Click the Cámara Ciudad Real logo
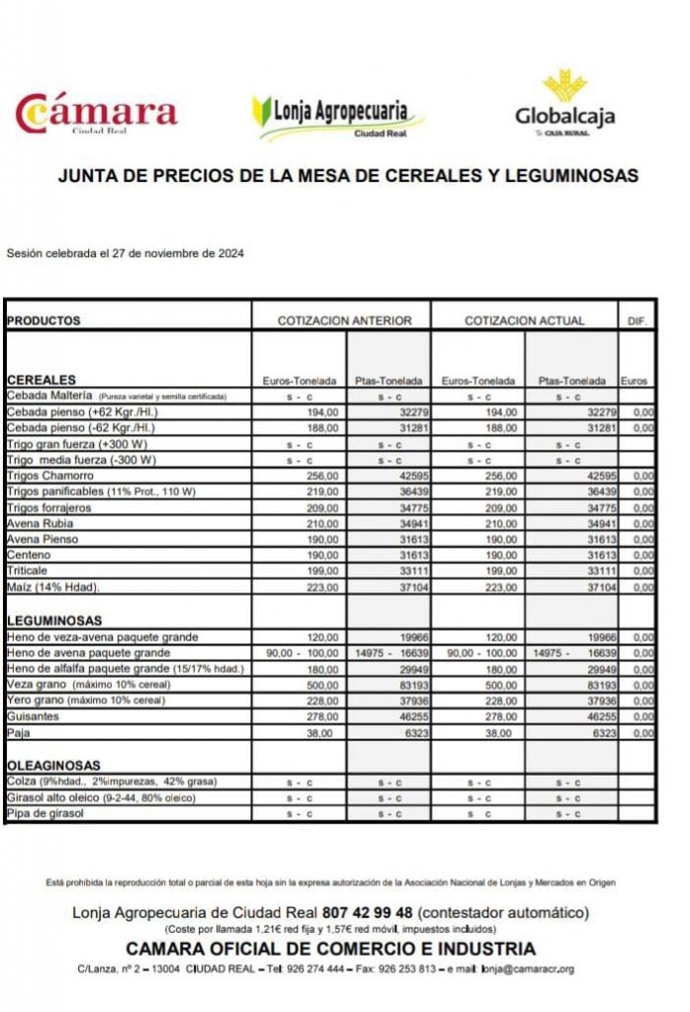coord(96,114)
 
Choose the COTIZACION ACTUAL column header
coord(524,320)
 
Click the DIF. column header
coord(637,320)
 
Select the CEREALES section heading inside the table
coord(41,379)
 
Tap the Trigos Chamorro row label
coord(43,475)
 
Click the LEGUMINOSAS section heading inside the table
coord(54,620)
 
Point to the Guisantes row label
coord(34,717)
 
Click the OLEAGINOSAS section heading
coord(53,765)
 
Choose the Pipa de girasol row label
coord(44,813)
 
